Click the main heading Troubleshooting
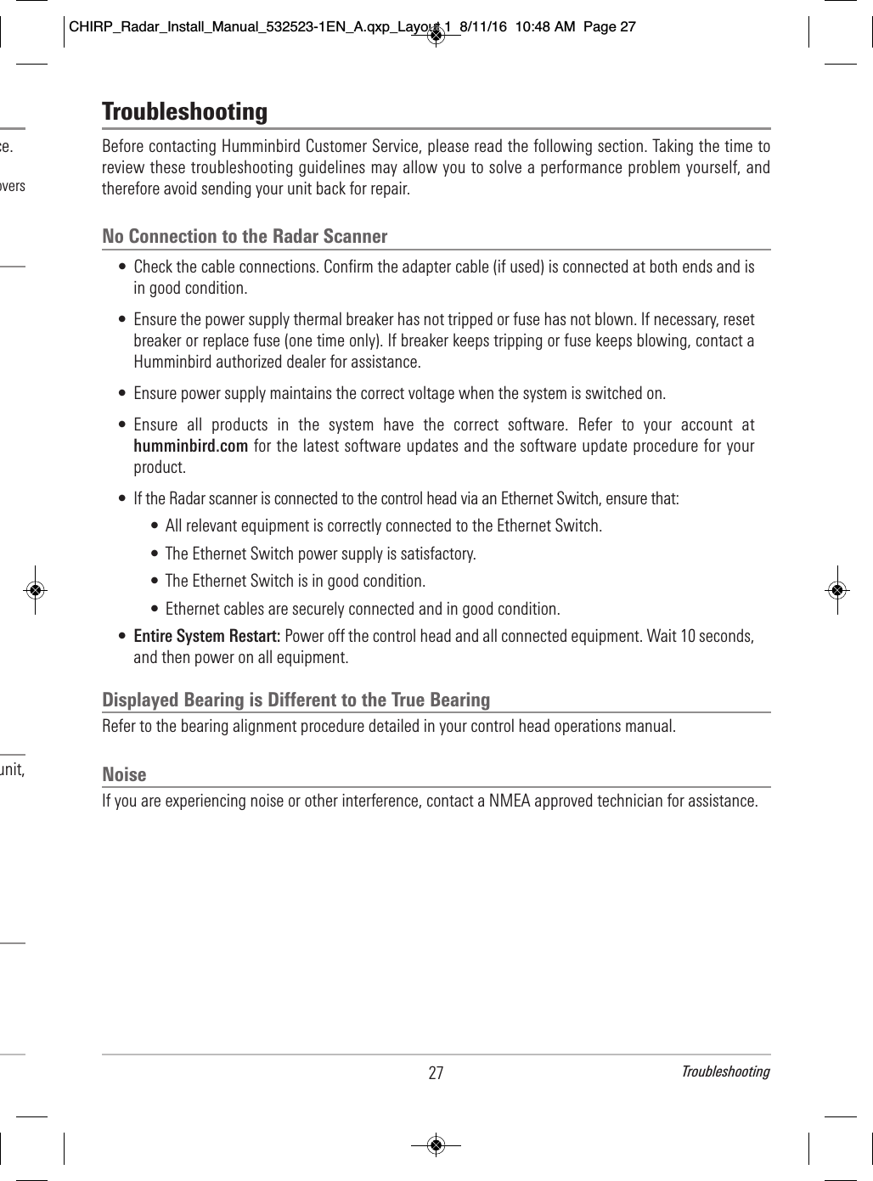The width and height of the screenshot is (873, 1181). pos(184,112)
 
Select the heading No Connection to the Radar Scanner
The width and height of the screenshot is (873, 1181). pos(245,236)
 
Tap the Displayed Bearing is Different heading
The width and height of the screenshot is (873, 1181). pos(296,700)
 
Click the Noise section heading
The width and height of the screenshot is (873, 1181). pos(124,774)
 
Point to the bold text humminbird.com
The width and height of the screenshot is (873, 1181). pos(191,446)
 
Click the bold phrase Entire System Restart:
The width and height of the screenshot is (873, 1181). pos(207,636)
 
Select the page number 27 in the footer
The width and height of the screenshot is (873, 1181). pos(436,1073)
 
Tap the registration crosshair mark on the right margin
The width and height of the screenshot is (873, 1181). pos(836,589)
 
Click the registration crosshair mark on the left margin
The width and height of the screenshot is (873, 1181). pos(35,589)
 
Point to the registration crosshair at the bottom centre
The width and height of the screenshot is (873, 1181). pos(436,1145)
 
